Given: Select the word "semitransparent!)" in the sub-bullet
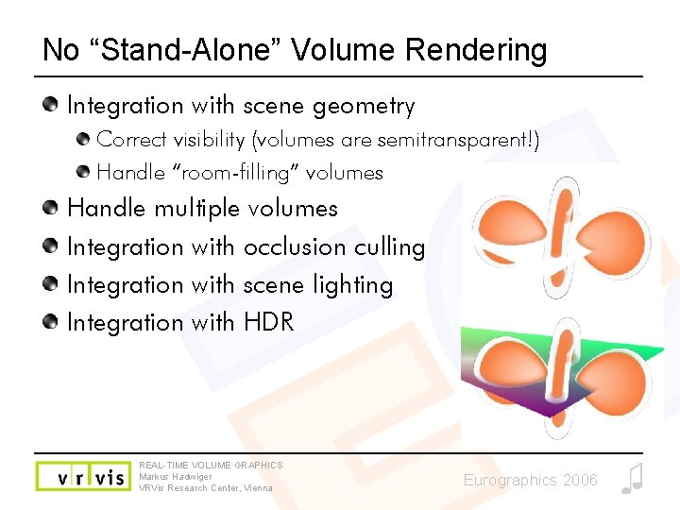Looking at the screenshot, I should (x=457, y=140).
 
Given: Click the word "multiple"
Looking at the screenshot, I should (x=196, y=208).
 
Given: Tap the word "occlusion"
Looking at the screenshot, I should (x=295, y=246).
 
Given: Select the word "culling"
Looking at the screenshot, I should (x=389, y=247).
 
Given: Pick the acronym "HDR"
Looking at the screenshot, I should (x=269, y=323).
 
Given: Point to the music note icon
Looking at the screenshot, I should (x=632, y=479).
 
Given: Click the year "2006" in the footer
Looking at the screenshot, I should (x=579, y=481).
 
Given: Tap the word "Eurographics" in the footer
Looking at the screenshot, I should (x=510, y=481).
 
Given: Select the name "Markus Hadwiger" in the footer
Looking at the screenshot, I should (x=176, y=477).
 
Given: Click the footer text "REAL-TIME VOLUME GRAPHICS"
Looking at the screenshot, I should (x=211, y=465).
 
